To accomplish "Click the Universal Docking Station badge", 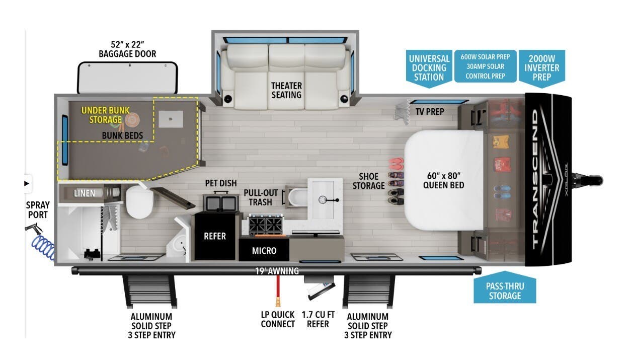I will [x=429, y=67].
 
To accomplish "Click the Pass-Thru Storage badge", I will [x=505, y=291].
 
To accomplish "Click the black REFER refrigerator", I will [x=214, y=236].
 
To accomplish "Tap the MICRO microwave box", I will [x=264, y=250].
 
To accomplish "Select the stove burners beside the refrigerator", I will [x=265, y=225].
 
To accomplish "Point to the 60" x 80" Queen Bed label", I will [x=443, y=180].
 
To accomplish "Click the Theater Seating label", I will [x=286, y=90].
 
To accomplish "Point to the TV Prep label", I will [x=430, y=111].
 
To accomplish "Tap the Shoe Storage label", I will [x=372, y=181].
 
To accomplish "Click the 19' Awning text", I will [x=277, y=271].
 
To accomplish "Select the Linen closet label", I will [x=84, y=193].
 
